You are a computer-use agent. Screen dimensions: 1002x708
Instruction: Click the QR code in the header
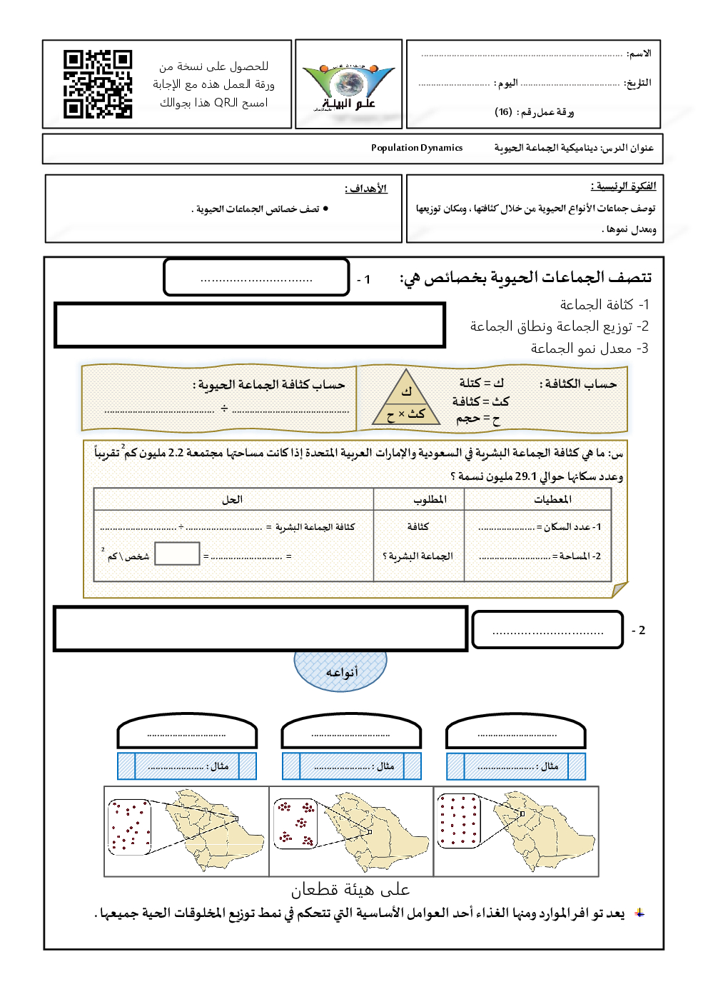coord(98,84)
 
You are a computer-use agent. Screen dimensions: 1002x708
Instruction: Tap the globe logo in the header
coord(348,84)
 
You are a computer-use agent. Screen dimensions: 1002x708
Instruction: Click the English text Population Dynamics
coord(417,148)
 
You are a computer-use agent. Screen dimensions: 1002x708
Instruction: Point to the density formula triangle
coord(406,399)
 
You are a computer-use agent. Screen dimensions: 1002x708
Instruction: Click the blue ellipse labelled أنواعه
coord(340,671)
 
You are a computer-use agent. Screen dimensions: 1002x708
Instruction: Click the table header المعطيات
coord(552,499)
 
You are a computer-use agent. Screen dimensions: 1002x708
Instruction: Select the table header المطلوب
coord(430,499)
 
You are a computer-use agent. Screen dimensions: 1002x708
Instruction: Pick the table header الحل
coord(232,499)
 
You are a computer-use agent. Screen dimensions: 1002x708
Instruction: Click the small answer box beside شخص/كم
coord(177,553)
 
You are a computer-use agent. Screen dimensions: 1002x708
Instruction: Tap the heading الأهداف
coord(366,189)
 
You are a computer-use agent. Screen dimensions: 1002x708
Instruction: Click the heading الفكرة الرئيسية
coord(623,186)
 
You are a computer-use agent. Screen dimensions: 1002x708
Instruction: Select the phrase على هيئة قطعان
coord(350,889)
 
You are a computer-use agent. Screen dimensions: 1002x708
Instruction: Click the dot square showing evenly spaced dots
coord(458,821)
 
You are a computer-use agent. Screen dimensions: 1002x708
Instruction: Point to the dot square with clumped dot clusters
coord(295,823)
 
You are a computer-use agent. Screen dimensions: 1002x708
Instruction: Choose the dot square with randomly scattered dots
coord(130,827)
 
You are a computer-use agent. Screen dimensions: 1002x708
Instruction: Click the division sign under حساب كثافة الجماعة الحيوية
coord(224,409)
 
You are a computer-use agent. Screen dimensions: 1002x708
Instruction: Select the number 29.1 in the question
coord(525,476)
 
